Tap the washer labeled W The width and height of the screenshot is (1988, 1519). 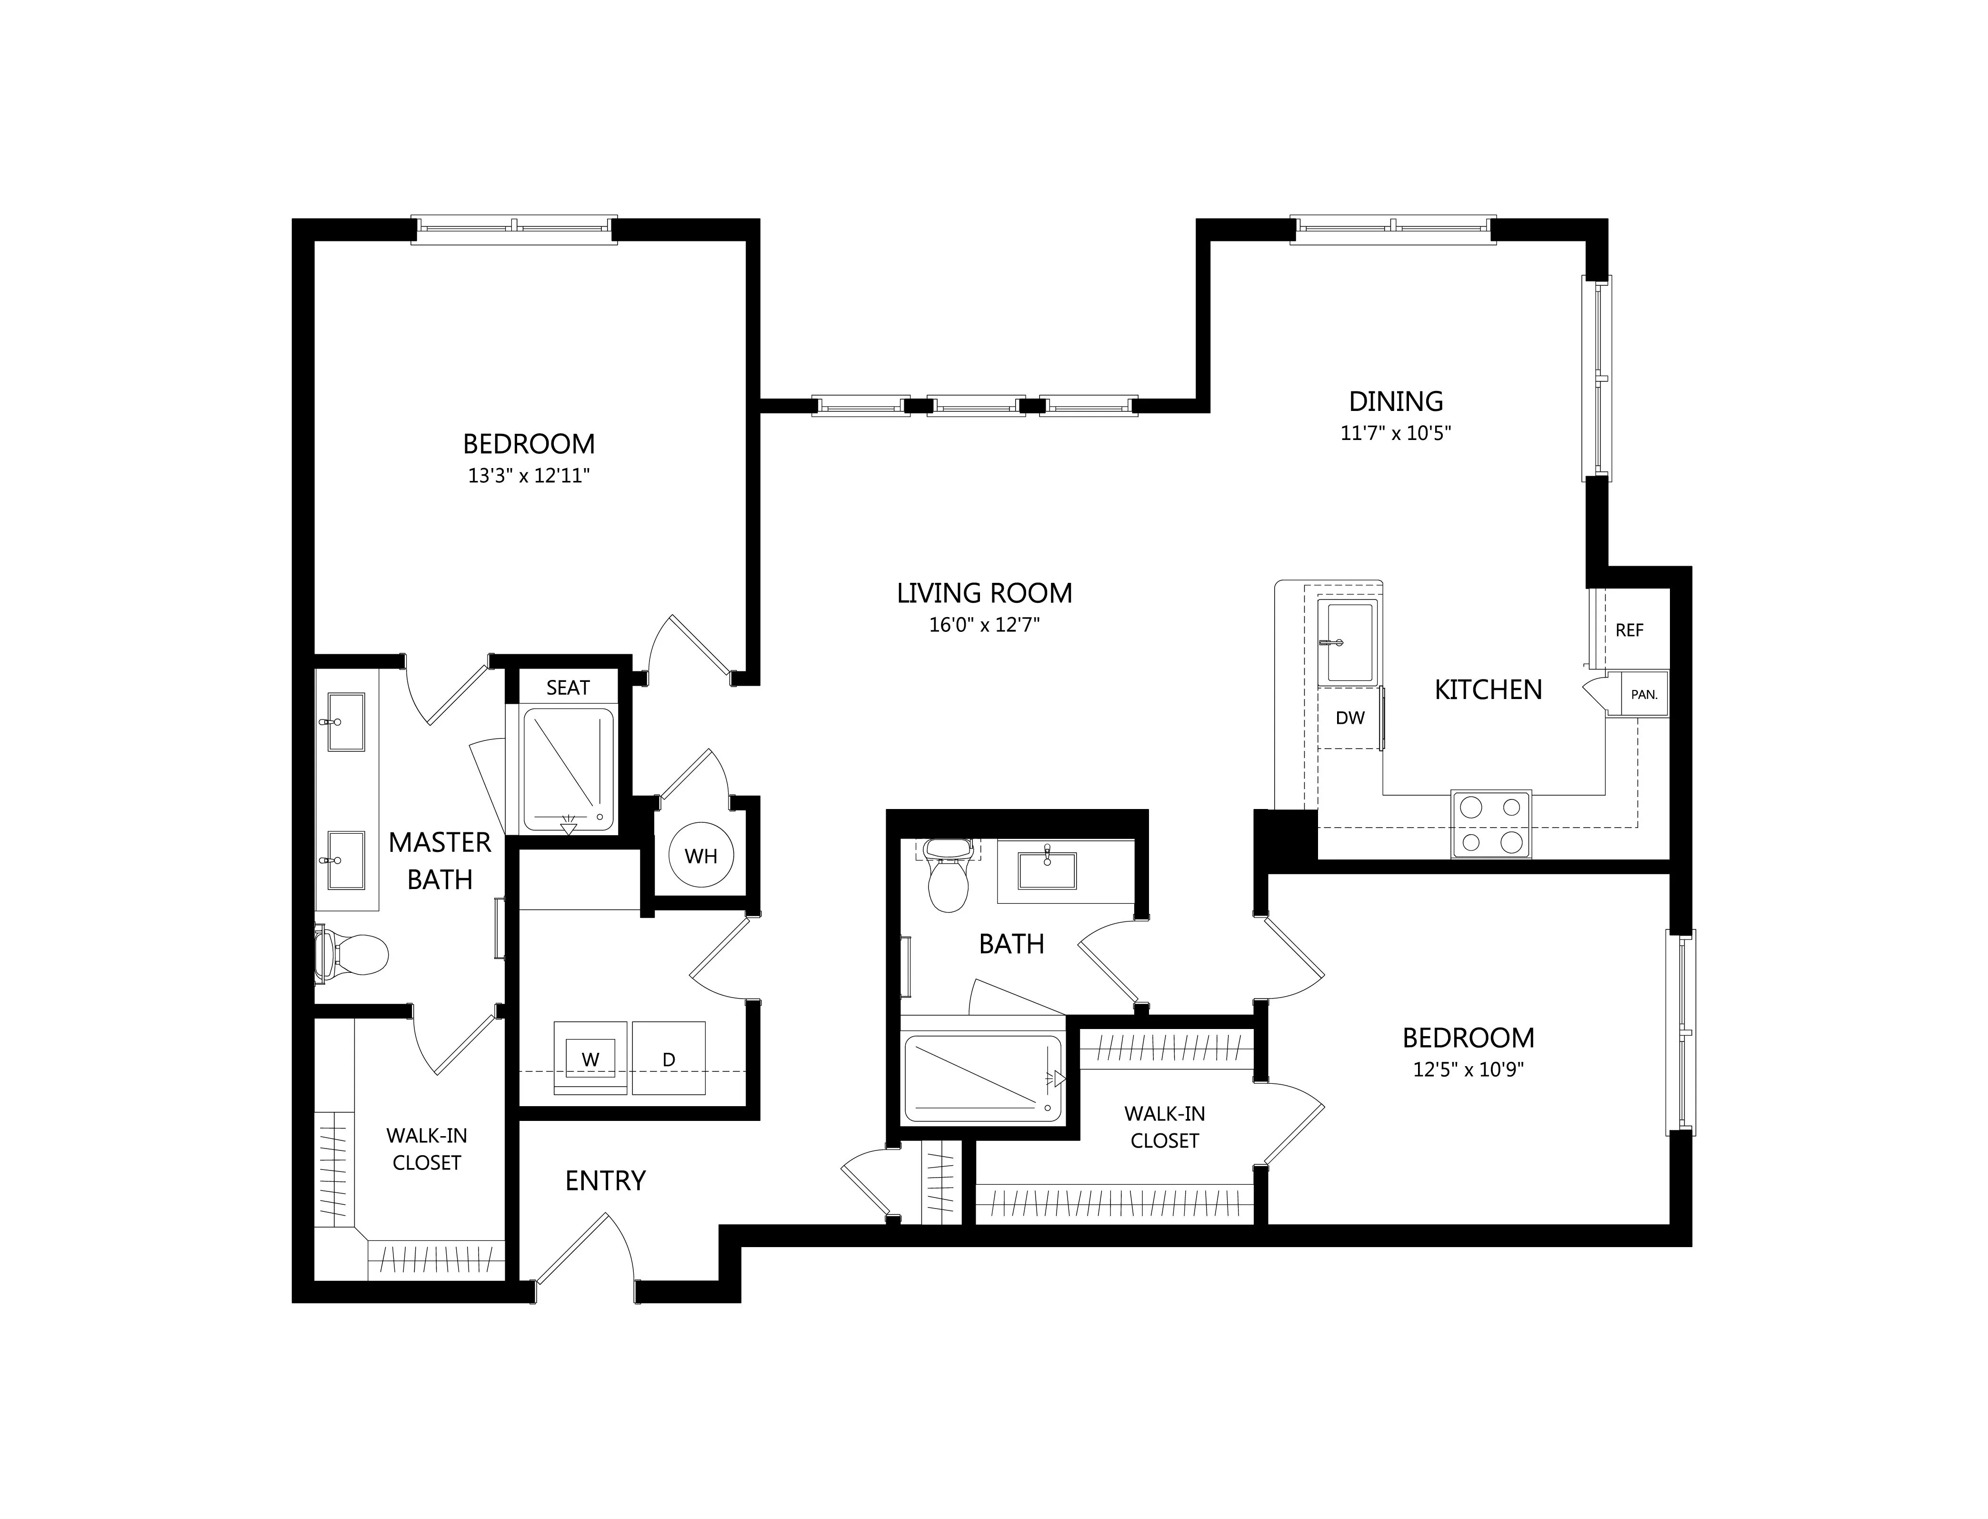coord(590,1058)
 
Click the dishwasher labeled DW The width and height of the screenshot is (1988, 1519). coord(1350,718)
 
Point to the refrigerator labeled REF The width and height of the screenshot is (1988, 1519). coord(1629,630)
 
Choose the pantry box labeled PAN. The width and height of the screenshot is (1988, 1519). coord(1644,694)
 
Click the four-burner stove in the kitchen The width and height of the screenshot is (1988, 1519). coord(1491,824)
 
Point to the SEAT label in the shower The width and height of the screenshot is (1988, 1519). coord(568,688)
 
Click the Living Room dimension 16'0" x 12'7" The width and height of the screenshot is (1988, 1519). coord(985,625)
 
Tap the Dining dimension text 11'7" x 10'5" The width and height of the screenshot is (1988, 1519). coord(1396,433)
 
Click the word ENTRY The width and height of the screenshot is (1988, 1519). coord(605,1181)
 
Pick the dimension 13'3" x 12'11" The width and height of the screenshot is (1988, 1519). coord(529,476)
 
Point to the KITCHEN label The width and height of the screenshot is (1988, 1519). coord(1488,690)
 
